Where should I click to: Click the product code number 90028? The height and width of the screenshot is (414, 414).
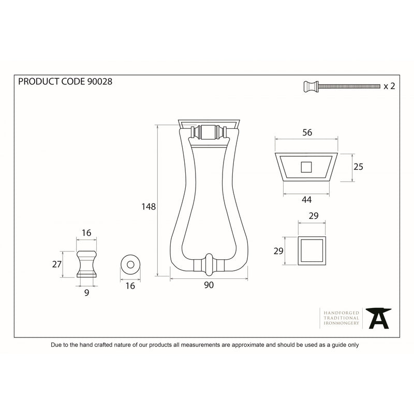click(99, 81)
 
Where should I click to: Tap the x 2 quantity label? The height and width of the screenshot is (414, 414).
click(389, 86)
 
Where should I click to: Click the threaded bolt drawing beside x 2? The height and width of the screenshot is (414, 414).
click(342, 86)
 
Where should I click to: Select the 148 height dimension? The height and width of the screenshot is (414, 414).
click(149, 206)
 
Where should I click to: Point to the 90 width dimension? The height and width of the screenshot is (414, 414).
click(209, 285)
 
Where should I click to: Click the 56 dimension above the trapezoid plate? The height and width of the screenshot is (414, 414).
click(307, 132)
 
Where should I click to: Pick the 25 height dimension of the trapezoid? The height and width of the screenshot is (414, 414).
click(358, 167)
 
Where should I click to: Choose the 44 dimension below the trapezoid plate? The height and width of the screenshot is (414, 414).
click(306, 200)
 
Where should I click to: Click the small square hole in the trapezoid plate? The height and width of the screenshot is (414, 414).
click(306, 167)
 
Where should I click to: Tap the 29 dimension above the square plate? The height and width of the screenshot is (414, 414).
click(314, 216)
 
